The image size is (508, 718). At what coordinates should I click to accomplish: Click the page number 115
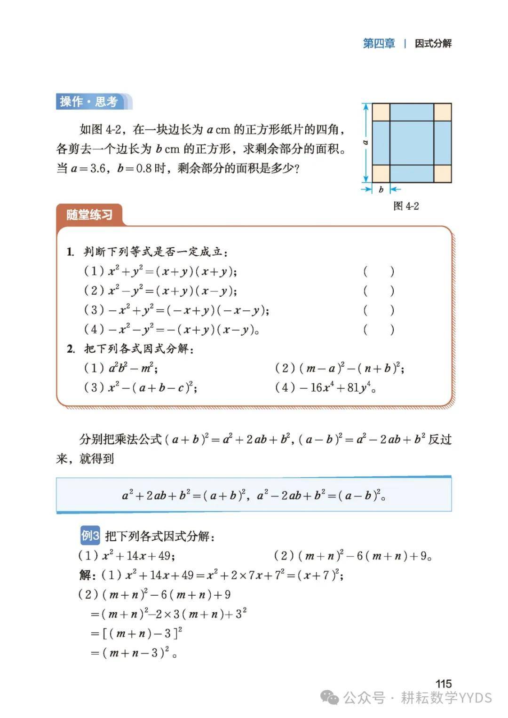pos(443,683)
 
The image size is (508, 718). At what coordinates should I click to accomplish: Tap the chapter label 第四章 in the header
pos(379,43)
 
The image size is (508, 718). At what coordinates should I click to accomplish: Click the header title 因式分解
pos(433,43)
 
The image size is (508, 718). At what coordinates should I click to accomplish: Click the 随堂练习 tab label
pos(89,215)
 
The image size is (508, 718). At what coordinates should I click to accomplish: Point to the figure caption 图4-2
pos(406,206)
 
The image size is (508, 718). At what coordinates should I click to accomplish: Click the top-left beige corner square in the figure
pos(381,112)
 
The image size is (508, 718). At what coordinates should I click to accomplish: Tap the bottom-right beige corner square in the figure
pos(442,174)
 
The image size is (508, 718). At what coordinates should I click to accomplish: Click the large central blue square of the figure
pos(412,143)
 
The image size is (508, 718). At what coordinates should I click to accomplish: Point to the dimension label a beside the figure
pos(365,142)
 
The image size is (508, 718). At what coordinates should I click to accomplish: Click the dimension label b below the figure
pos(381,189)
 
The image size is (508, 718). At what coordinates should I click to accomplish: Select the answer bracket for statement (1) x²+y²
pos(379,271)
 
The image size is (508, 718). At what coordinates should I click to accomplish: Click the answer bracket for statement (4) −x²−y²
pos(379,329)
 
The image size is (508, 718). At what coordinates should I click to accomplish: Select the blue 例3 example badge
pos(90,535)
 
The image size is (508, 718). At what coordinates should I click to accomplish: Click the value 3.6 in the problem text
pos(93,168)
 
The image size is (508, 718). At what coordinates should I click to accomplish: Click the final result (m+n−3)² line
pos(136,653)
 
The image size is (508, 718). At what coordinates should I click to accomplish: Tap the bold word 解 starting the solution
pos(86,575)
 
